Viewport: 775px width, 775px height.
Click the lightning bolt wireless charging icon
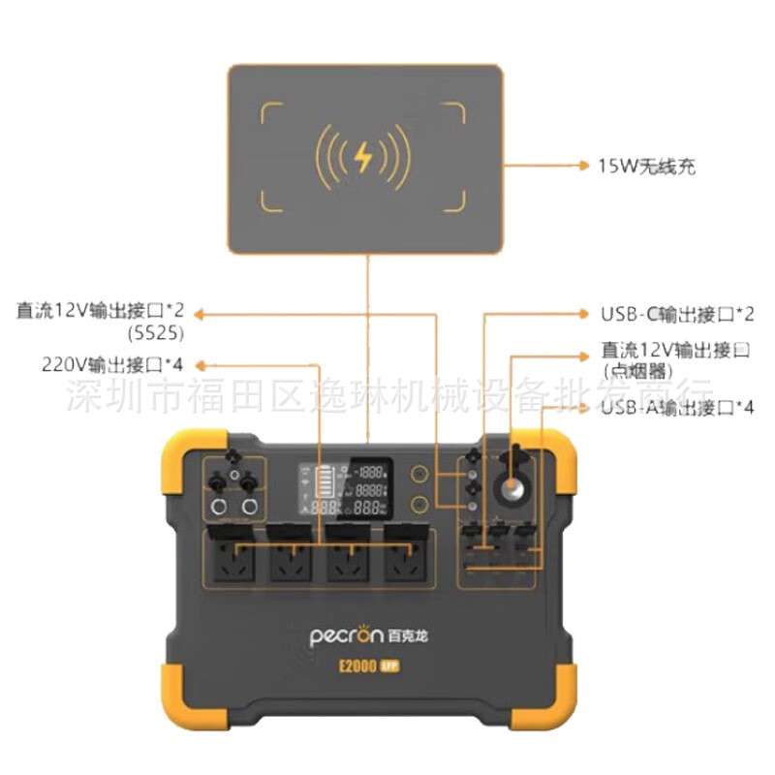click(364, 158)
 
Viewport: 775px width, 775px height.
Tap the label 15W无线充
click(647, 167)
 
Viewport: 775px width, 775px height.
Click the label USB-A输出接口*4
click(677, 408)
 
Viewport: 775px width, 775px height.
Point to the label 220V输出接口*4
click(112, 365)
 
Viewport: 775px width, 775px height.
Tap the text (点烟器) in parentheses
click(635, 369)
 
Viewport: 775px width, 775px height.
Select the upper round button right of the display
click(420, 474)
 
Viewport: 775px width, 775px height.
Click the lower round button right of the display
click(420, 505)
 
